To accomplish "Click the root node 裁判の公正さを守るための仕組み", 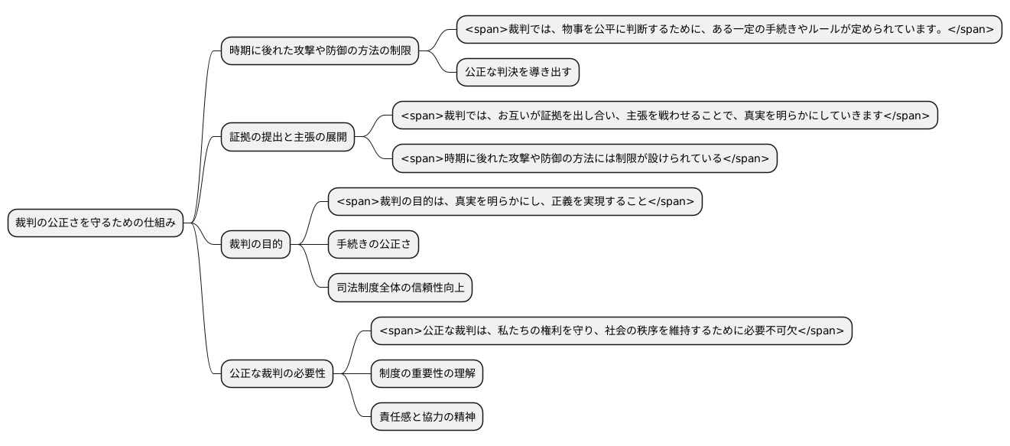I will click(x=96, y=223).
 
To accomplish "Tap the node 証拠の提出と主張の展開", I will click(x=287, y=138).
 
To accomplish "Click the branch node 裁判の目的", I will click(x=255, y=245).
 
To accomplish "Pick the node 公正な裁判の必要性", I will click(x=277, y=374).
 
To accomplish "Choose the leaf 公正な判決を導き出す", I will click(x=518, y=73).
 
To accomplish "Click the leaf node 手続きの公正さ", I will click(x=373, y=245).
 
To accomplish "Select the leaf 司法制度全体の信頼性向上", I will click(x=400, y=288).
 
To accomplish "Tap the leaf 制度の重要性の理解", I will click(x=427, y=374).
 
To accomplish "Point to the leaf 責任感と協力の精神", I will click(x=427, y=418).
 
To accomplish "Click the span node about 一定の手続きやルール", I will click(x=729, y=29).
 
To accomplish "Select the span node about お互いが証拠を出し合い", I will click(x=664, y=116).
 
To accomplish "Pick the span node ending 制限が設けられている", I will click(x=584, y=158).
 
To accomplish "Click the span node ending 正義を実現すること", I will click(x=515, y=201).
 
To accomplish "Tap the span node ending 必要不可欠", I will click(x=611, y=331).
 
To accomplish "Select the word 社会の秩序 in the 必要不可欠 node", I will click(x=635, y=331).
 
